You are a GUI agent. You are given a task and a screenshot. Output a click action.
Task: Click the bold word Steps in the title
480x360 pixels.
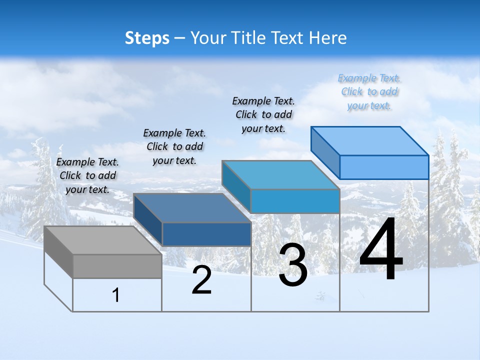147,38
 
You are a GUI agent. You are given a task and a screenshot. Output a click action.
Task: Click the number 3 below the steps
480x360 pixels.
293,265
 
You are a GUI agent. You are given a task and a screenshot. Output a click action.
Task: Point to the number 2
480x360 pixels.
201,280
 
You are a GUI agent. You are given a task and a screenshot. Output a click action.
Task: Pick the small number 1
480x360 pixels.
116,295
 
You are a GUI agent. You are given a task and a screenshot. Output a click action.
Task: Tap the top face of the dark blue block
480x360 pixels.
192,208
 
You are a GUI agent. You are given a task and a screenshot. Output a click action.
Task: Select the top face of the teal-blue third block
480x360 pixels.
281,175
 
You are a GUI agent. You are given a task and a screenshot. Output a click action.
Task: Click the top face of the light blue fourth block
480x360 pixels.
370,141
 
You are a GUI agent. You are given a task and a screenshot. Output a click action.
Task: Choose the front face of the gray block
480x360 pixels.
117,266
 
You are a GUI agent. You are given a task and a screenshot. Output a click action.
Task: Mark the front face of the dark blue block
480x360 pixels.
206,234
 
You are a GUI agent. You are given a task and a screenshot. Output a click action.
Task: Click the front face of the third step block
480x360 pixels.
295,201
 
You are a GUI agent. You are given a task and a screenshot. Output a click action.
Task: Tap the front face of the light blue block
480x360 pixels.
384,167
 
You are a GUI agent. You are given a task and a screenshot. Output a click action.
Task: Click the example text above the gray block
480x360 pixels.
87,175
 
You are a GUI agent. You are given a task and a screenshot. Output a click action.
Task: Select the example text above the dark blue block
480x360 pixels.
174,146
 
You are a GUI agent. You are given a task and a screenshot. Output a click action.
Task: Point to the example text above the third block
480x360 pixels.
263,114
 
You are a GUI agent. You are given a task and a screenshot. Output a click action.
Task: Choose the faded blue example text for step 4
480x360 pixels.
369,91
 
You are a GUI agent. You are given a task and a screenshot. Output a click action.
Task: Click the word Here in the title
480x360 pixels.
328,38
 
